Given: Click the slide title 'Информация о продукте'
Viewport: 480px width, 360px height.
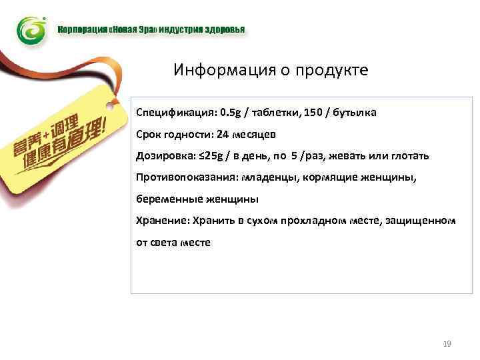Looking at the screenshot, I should click(271, 70).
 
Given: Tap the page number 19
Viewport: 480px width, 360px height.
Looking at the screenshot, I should click(447, 344).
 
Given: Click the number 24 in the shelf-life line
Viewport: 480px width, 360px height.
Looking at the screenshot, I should click(223, 134).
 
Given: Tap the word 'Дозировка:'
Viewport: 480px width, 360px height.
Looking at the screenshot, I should click(164, 155).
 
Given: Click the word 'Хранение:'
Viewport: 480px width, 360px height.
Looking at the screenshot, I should click(161, 221).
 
